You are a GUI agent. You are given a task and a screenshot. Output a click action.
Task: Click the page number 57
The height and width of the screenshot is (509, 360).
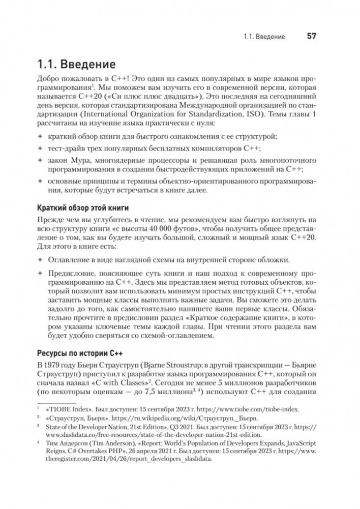coord(311,37)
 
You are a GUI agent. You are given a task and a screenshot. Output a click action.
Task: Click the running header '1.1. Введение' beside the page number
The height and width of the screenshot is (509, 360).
coord(264,37)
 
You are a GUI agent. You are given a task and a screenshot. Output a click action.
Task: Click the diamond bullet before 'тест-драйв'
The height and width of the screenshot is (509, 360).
coord(41,148)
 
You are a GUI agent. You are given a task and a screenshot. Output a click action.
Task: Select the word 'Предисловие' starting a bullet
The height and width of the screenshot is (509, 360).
coord(70,274)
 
